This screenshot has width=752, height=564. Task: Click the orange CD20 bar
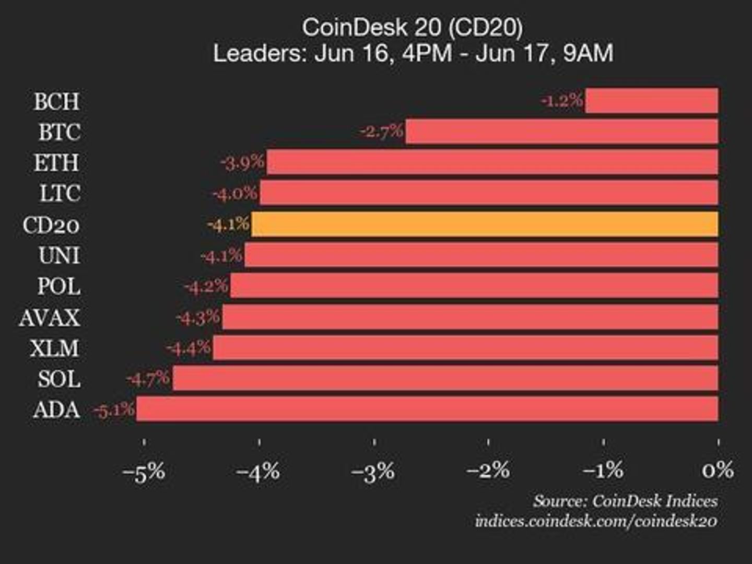[484, 224]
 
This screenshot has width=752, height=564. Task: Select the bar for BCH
[651, 100]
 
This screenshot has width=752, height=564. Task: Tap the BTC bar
[561, 131]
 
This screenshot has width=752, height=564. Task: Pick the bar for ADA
[427, 408]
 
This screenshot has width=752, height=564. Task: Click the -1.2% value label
[562, 100]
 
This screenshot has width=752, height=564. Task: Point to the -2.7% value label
[382, 131]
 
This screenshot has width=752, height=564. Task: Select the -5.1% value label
[114, 410]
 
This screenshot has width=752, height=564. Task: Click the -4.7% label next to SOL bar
[148, 379]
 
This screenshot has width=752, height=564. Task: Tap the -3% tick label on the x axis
[373, 472]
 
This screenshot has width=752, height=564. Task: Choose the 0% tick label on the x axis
[718, 471]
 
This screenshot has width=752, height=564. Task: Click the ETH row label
[57, 163]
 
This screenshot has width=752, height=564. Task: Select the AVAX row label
[50, 318]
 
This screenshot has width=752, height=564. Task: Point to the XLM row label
[54, 348]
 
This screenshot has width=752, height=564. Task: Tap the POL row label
[58, 286]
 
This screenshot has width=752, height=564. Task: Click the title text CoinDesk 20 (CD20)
[413, 27]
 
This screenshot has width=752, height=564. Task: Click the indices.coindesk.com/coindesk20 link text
[596, 521]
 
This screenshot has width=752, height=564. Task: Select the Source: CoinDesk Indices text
[625, 501]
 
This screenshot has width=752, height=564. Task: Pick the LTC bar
[489, 193]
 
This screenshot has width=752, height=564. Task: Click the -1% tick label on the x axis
[603, 471]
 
